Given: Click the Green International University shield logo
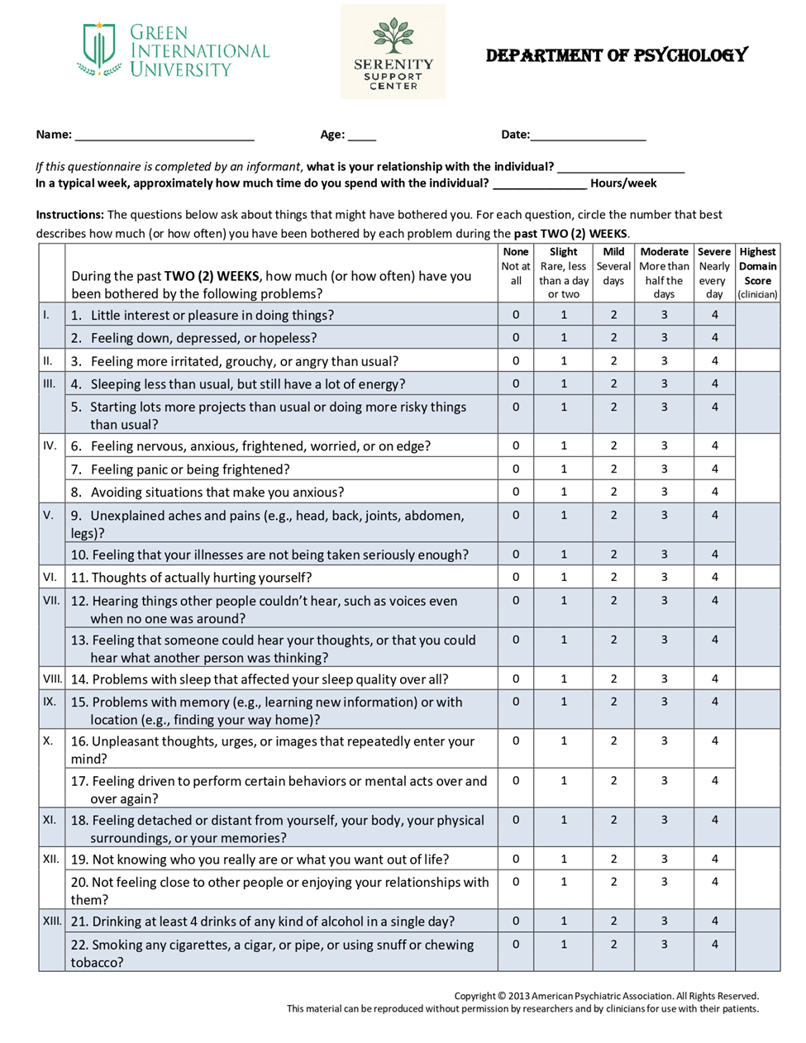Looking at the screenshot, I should pos(98,49).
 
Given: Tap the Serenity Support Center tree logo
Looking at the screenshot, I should pos(393,35).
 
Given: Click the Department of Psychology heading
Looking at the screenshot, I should pos(617,55).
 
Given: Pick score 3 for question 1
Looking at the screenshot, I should pos(664,315).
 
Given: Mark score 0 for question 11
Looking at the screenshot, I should pos(516,577).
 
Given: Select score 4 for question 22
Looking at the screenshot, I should pos(714,944).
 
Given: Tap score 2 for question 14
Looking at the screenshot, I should pos(613,679).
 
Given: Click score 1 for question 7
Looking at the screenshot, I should pos(564,469).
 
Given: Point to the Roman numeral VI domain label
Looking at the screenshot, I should pos(50,577).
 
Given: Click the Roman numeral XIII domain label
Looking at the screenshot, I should pos(52,921).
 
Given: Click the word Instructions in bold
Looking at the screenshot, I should pos(69,215).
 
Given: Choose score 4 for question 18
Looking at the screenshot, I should pos(714,820).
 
